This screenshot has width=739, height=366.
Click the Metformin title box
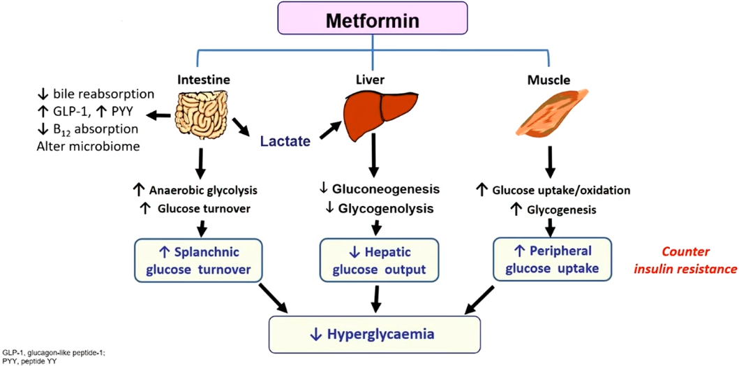[373, 18]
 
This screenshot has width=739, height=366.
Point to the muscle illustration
[549, 113]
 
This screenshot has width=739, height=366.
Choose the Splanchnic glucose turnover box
[197, 261]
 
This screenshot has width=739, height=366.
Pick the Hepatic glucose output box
[380, 261]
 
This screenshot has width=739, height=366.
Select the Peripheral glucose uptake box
[552, 260]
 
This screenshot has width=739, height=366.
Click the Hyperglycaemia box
[375, 335]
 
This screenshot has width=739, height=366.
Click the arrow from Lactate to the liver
[330, 130]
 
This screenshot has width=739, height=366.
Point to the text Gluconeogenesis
[386, 189]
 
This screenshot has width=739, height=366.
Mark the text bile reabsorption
[102, 94]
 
